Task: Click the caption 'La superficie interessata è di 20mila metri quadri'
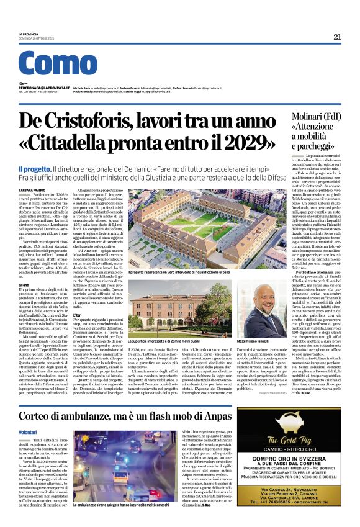tap(166, 341)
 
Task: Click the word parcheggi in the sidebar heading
tap(323, 146)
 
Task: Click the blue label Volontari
tap(28, 413)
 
